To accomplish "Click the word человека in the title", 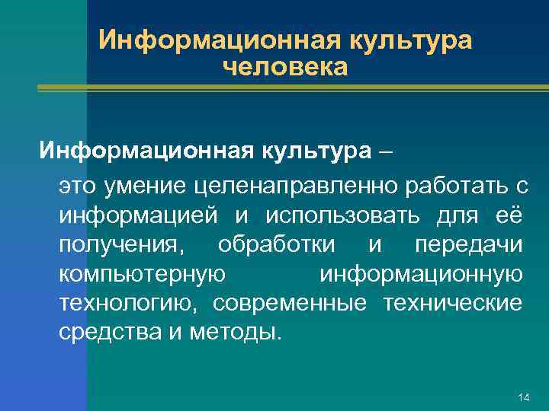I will pyautogui.click(x=285, y=68).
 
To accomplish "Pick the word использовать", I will pyautogui.click(x=343, y=215).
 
